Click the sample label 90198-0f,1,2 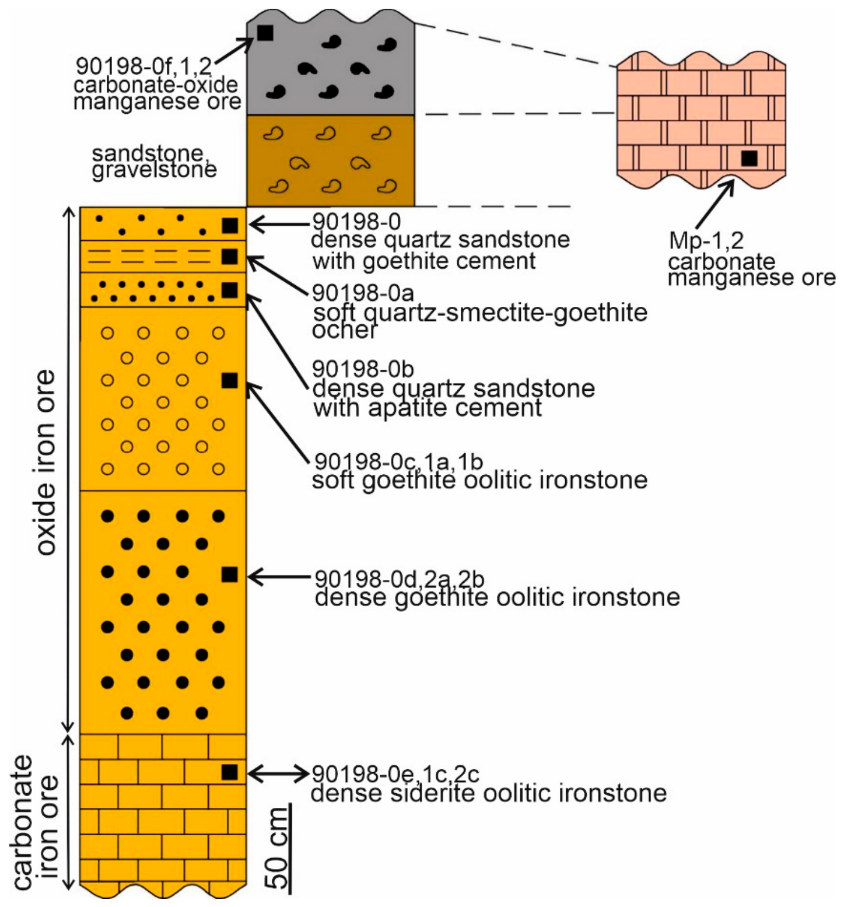click(x=144, y=66)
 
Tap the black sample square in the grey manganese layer click(x=265, y=33)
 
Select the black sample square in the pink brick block click(x=749, y=158)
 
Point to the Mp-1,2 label click(x=706, y=240)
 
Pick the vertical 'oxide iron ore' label click(x=46, y=462)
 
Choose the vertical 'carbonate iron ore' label click(x=35, y=822)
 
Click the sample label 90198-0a click(x=363, y=292)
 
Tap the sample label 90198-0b click(x=363, y=369)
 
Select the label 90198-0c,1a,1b click(x=399, y=461)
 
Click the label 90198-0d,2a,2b click(x=400, y=579)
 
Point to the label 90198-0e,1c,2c click(x=395, y=774)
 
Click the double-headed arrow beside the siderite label click(x=278, y=773)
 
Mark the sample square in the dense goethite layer click(x=230, y=575)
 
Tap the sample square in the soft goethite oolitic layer click(x=230, y=380)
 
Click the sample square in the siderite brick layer click(x=230, y=772)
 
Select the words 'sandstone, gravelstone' click(x=154, y=162)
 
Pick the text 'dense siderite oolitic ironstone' click(x=489, y=793)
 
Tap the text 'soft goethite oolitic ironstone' click(x=480, y=481)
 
